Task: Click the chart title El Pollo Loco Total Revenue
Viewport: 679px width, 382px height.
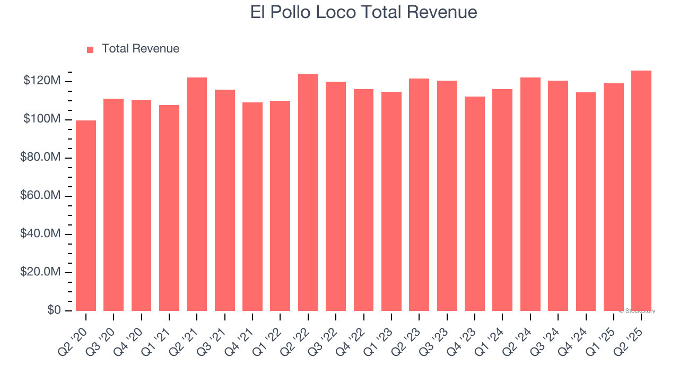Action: pos(363,12)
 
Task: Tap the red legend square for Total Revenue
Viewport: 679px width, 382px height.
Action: pos(90,49)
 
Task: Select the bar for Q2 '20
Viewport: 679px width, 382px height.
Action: pos(86,215)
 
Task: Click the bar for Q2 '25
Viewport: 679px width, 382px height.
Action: pos(641,190)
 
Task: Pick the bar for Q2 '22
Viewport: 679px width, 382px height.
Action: pos(308,192)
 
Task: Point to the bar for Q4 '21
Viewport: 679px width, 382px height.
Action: pos(253,206)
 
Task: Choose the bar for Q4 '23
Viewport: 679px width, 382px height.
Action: pos(475,204)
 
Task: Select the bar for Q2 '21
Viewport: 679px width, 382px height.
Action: pos(197,194)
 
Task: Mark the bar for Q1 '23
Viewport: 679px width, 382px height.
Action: pos(391,201)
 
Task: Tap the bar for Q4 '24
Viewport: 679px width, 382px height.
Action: pos(586,202)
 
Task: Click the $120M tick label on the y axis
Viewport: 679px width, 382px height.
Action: pos(42,81)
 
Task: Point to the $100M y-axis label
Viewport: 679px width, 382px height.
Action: pos(42,119)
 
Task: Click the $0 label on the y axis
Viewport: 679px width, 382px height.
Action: pos(53,310)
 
